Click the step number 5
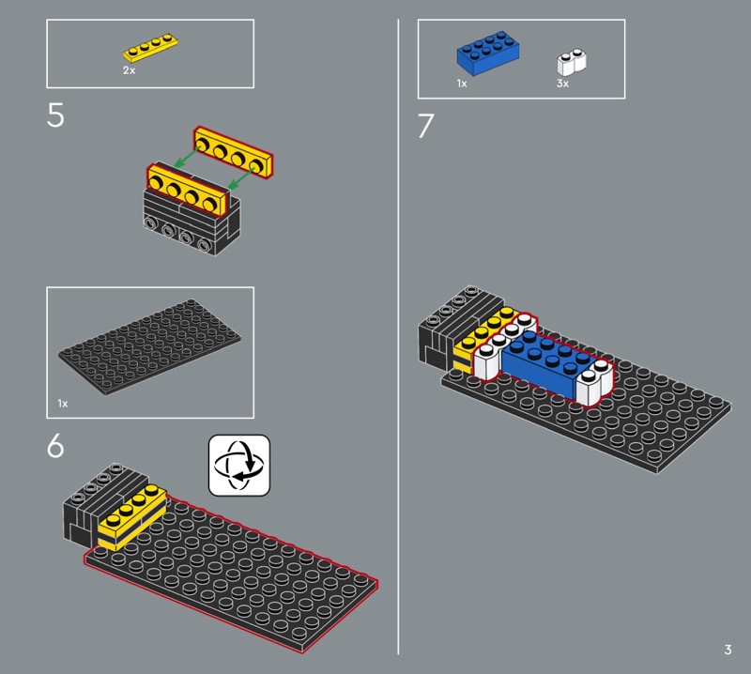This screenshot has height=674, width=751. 55,115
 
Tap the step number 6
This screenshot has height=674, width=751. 55,446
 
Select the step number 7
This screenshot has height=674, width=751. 426,126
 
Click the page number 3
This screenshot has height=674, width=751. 728,650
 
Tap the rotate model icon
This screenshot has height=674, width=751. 239,466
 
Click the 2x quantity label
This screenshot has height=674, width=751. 129,70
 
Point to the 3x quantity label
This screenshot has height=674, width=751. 562,84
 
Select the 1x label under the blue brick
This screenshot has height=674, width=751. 462,84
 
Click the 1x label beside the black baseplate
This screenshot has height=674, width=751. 63,404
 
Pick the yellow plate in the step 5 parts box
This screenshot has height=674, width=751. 150,48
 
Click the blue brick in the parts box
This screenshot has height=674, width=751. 488,53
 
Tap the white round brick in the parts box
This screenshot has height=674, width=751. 572,62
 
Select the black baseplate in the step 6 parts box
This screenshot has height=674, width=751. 150,346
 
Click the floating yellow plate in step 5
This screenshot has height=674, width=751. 233,153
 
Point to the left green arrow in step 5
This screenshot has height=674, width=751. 186,158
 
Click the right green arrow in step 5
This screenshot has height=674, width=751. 241,178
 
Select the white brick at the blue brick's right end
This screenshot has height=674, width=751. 595,381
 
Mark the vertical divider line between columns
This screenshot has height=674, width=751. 398,337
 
